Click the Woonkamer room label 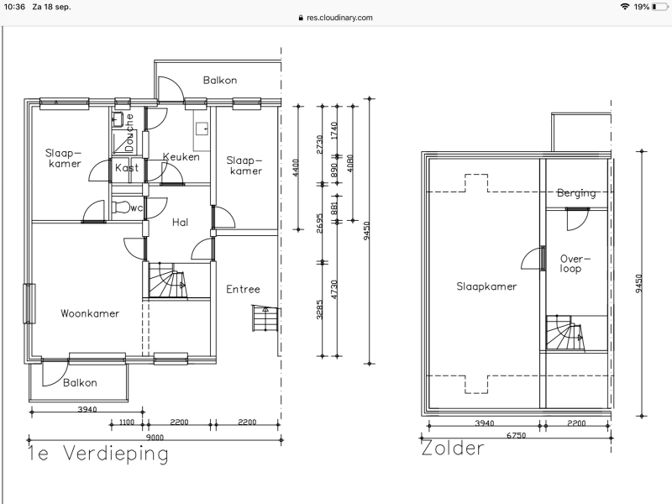(x=90, y=313)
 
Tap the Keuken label (x=181, y=157)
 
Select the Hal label (x=180, y=222)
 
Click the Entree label (x=243, y=289)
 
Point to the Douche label (x=129, y=133)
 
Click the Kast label (x=127, y=167)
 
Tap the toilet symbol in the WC (x=120, y=207)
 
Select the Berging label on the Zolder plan (x=576, y=193)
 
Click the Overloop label (x=575, y=264)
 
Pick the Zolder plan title (x=453, y=449)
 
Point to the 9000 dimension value (x=155, y=438)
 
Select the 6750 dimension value (x=516, y=435)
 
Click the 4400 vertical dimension (x=296, y=167)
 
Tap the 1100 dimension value (x=127, y=423)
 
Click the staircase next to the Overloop (x=564, y=333)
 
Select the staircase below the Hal (x=168, y=281)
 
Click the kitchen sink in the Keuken (x=202, y=128)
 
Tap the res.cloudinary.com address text (x=339, y=18)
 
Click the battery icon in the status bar (x=660, y=7)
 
